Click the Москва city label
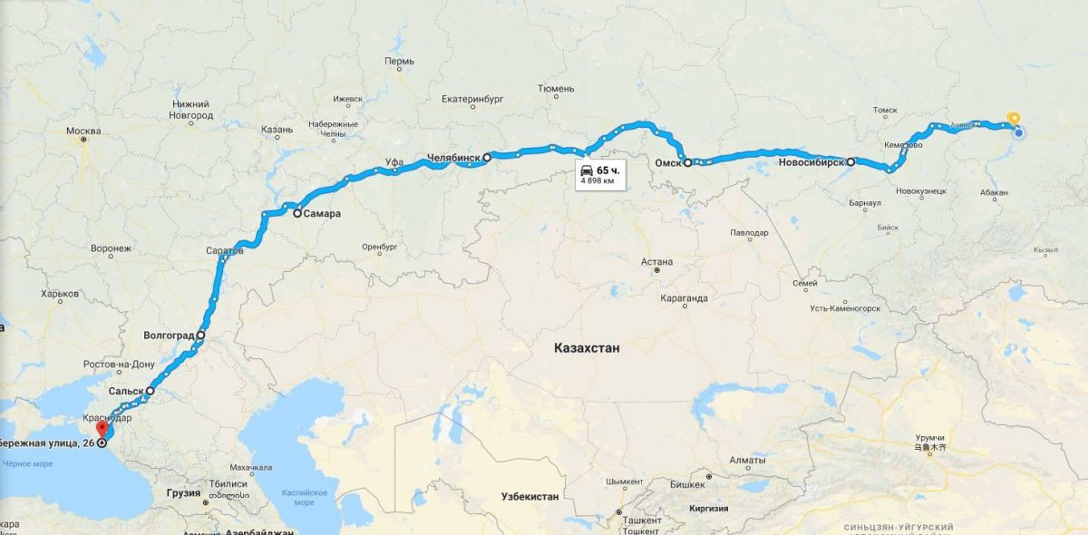click(83, 131)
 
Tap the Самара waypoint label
click(324, 214)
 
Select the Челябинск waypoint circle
click(487, 157)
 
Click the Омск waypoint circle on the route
click(688, 163)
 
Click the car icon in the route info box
click(587, 170)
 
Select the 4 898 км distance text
click(597, 181)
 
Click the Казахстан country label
click(587, 347)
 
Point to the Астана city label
click(656, 261)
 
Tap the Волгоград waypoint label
click(169, 336)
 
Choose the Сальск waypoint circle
click(151, 392)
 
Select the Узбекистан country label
click(530, 497)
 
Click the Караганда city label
click(685, 297)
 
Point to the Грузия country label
click(183, 493)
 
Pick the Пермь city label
click(399, 63)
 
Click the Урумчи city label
click(929, 437)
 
